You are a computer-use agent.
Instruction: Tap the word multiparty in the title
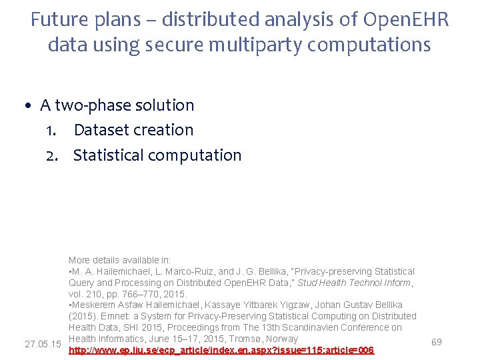(289, 45)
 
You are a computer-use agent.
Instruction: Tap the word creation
(164, 130)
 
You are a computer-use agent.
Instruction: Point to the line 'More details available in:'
(120, 260)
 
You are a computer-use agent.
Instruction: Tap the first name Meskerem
(93, 305)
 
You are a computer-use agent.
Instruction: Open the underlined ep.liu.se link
(221, 350)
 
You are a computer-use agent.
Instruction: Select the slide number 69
(437, 342)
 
